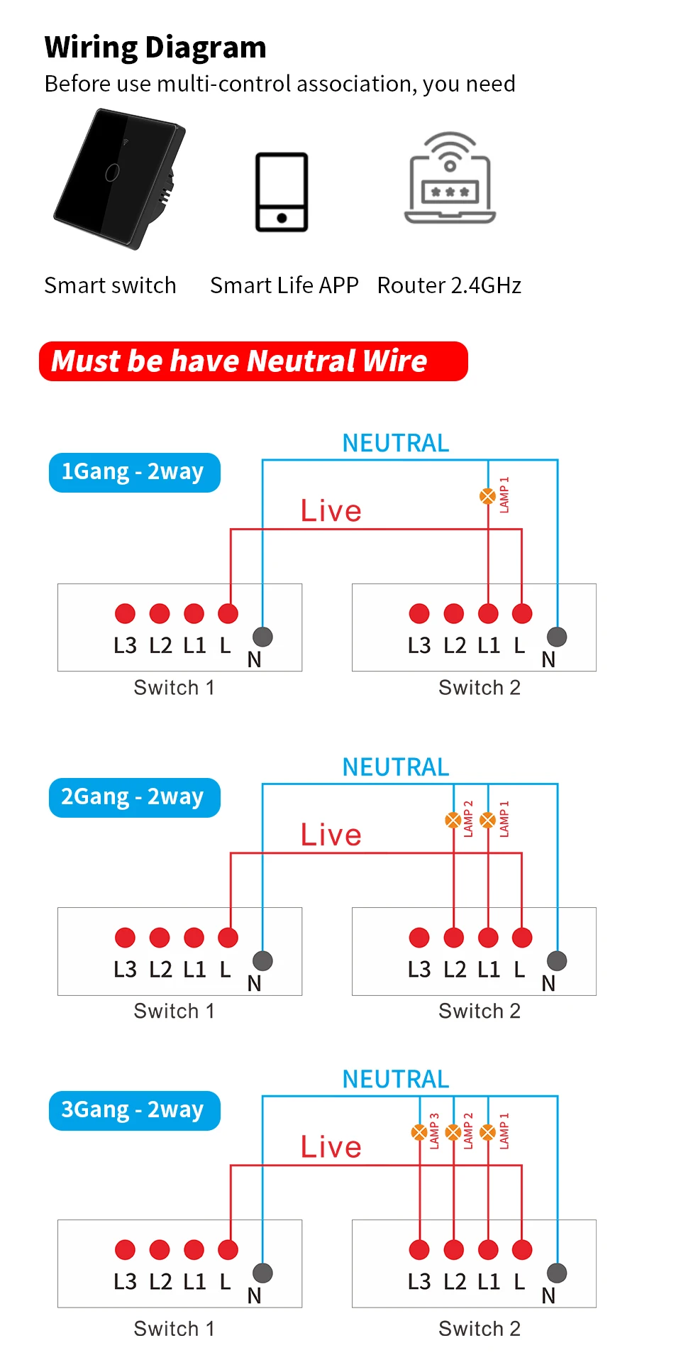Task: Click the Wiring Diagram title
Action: click(155, 48)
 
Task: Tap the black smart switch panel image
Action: click(120, 178)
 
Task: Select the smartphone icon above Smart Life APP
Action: click(282, 192)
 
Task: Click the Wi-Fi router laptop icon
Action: click(450, 179)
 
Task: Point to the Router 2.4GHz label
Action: click(449, 285)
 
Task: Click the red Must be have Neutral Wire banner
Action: click(253, 361)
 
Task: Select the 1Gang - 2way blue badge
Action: click(134, 472)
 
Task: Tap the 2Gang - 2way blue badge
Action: click(134, 797)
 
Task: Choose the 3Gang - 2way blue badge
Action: click(134, 1110)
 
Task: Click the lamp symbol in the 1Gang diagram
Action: click(488, 496)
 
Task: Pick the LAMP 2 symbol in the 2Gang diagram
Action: click(453, 821)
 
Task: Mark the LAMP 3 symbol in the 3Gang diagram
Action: click(419, 1132)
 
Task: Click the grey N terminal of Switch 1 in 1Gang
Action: click(262, 637)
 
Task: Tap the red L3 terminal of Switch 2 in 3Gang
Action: click(419, 1249)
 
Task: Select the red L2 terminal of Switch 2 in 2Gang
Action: click(453, 937)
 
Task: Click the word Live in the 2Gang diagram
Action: click(331, 835)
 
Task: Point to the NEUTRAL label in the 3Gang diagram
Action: click(395, 1080)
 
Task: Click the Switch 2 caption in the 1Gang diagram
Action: click(480, 688)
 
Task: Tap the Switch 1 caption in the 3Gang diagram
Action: click(174, 1329)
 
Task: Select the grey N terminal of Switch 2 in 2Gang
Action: click(557, 960)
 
